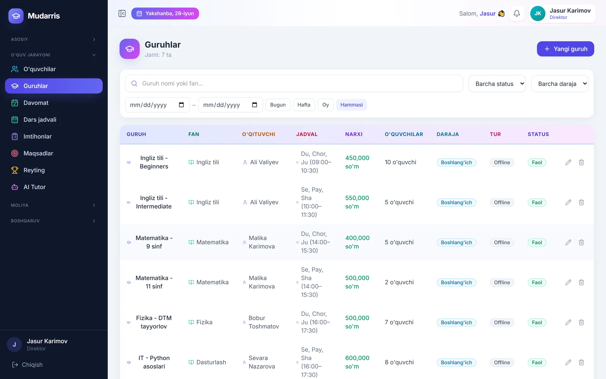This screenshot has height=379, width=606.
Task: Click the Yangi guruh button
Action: (565, 49)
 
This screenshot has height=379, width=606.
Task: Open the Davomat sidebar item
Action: (54, 103)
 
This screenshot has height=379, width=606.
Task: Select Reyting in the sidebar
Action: (54, 170)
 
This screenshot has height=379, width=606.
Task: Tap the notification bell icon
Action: (517, 13)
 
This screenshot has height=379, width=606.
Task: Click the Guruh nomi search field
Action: (294, 83)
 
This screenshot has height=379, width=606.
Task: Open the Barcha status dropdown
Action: (497, 84)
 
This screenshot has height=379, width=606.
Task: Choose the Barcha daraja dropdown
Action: (560, 84)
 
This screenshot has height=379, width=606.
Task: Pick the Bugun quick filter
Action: (278, 105)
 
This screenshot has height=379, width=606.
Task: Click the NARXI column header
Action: (354, 134)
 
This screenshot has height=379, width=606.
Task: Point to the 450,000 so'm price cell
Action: (357, 162)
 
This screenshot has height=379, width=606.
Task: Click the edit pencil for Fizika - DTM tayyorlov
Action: (568, 322)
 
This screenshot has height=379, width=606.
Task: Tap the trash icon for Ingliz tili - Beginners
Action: (581, 162)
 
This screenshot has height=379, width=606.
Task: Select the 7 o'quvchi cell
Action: (399, 322)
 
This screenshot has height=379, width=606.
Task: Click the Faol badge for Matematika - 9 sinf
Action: (537, 243)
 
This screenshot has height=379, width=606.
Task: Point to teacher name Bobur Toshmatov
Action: (264, 322)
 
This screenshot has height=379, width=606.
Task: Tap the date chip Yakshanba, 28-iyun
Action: (165, 14)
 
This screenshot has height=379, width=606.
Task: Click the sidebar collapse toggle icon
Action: (122, 14)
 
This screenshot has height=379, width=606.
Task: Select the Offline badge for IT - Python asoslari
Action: (502, 363)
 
